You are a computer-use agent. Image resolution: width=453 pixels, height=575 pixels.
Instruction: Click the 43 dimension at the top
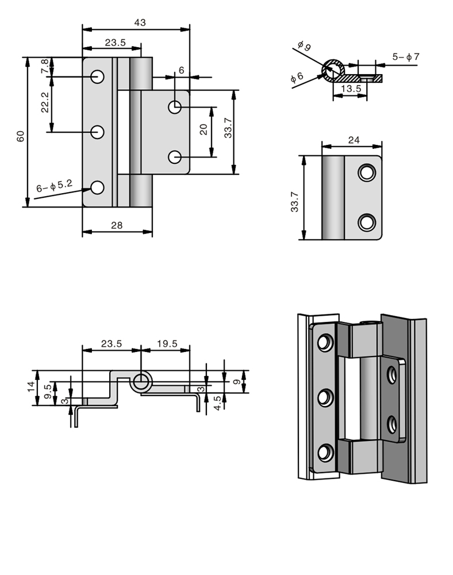(140, 23)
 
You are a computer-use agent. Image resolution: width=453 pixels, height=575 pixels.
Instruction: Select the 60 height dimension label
(21, 136)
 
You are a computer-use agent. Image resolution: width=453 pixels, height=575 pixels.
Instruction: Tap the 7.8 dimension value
(44, 66)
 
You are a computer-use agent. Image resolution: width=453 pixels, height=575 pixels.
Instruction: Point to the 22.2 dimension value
(44, 102)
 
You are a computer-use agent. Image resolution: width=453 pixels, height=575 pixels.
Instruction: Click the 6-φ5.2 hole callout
(54, 186)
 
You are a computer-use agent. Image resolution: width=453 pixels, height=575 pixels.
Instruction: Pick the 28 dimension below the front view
(117, 225)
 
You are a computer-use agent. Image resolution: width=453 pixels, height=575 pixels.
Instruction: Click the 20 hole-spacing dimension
(204, 129)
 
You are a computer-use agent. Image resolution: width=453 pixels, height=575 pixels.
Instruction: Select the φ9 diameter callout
(304, 46)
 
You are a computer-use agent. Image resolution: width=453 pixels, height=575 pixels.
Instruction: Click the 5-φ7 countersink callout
(406, 57)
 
